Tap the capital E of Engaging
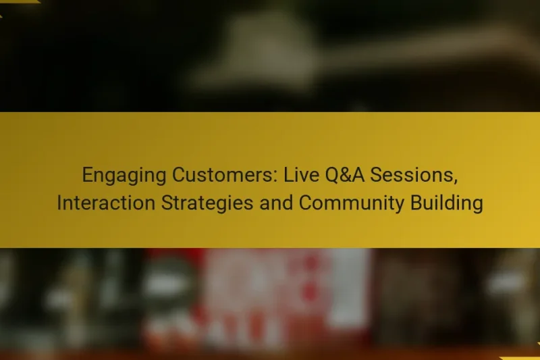click(87, 176)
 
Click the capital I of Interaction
click(59, 203)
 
